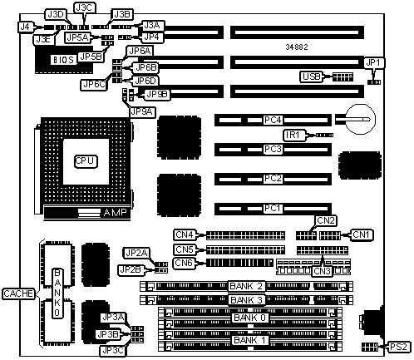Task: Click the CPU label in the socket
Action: (86, 161)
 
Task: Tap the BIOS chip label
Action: (64, 60)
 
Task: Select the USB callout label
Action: (312, 76)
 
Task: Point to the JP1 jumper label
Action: (373, 63)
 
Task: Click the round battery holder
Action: (360, 119)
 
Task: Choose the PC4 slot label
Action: (273, 120)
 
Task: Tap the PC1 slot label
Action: (273, 208)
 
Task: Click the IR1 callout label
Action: (294, 135)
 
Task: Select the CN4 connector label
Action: (185, 234)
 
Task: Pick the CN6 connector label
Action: (184, 263)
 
